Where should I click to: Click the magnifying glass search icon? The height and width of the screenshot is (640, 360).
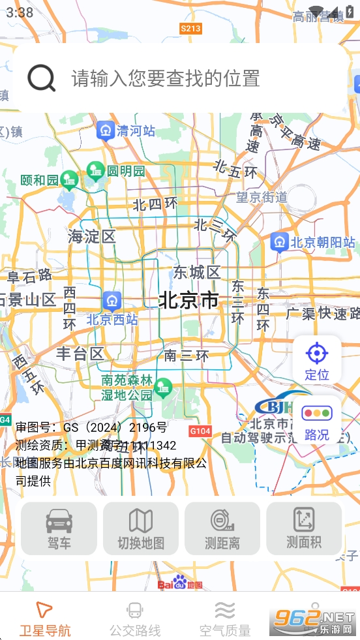point(41,78)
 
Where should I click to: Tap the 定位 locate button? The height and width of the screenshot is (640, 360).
point(317,360)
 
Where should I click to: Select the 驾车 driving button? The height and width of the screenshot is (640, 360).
point(59,528)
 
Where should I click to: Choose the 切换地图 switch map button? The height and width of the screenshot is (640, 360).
point(141,528)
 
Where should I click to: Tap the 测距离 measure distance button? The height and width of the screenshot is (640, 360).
point(222,528)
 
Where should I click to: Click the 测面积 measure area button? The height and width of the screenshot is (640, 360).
point(304,528)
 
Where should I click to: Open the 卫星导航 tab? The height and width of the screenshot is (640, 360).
point(44,619)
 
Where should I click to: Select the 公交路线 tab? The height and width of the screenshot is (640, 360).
point(135,619)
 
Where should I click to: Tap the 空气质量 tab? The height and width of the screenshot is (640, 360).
point(225,619)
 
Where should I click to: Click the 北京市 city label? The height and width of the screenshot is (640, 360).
point(188,300)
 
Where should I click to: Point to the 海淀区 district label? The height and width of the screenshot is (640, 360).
point(91,236)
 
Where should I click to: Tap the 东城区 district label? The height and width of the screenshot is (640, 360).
point(197,272)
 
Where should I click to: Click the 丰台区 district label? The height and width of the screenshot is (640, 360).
point(80,354)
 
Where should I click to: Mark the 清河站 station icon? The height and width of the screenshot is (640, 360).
point(105,130)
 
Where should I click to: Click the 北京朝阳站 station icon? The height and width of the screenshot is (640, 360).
point(280,242)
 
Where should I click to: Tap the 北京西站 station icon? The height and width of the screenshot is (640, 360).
point(112,301)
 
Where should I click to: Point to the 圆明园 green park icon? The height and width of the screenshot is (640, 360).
point(95,171)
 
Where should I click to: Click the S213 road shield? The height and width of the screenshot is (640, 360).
point(190,28)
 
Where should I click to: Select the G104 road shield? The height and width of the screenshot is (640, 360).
point(200,431)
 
